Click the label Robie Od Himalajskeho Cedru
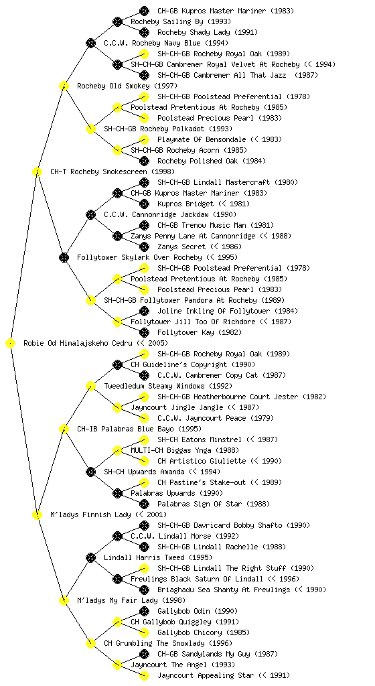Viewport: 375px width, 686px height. [78, 343]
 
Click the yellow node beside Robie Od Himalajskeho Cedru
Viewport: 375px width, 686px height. [11, 344]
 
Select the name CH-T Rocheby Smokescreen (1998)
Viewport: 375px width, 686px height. [112, 171]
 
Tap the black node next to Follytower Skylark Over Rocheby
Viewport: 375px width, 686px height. [64, 257]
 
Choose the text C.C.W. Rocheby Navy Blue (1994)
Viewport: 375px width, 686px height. [166, 43]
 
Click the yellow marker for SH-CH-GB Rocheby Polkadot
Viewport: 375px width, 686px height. [90, 129]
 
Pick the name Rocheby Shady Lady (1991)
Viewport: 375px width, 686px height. [208, 32]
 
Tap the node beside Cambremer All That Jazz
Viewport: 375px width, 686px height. [144, 75]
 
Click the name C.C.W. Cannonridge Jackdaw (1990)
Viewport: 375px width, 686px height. [170, 214]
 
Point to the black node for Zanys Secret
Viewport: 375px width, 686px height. [144, 247]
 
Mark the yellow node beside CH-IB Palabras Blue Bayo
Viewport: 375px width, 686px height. [64, 429]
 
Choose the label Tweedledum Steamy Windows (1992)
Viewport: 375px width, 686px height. [168, 386]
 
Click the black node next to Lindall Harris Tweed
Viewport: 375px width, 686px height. [90, 557]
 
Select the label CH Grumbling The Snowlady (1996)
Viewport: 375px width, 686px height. [168, 643]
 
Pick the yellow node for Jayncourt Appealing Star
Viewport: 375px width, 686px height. [144, 675]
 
